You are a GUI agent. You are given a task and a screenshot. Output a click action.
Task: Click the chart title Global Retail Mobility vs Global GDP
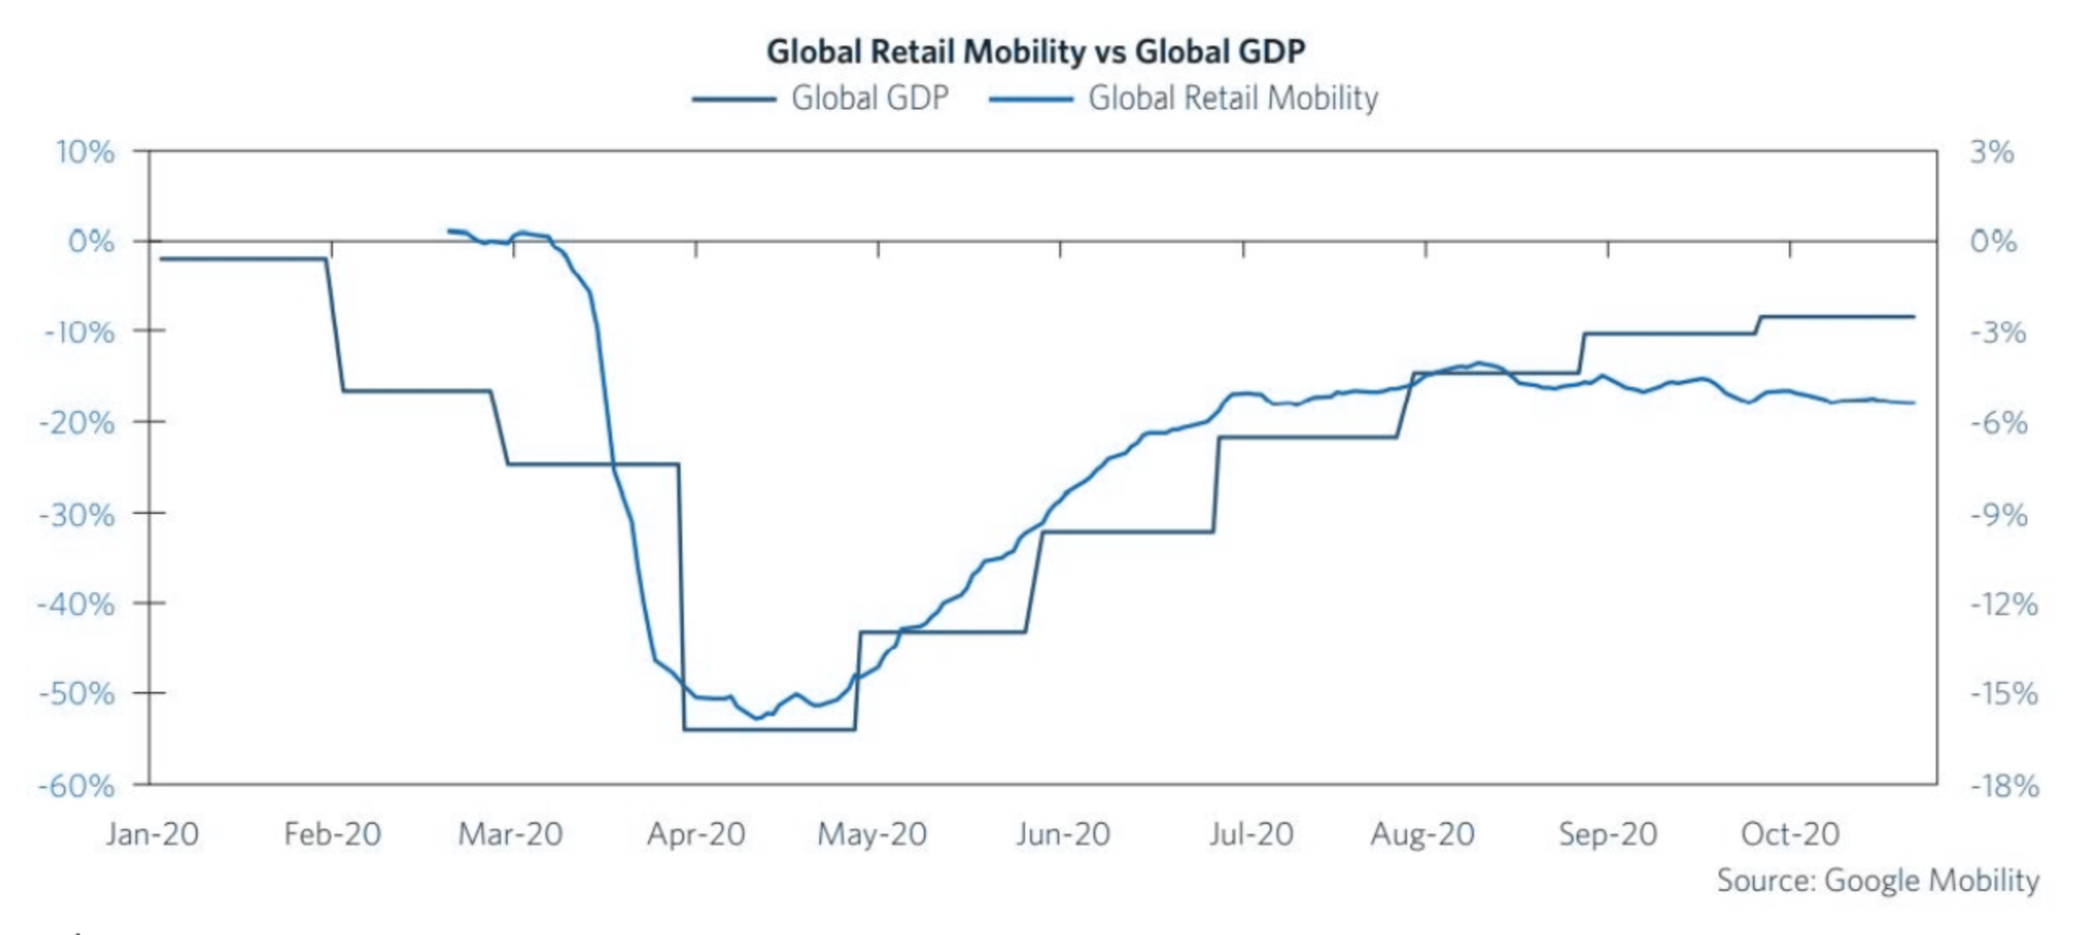pyautogui.click(x=1035, y=51)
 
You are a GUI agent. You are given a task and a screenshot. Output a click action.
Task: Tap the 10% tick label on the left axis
pyautogui.click(x=85, y=153)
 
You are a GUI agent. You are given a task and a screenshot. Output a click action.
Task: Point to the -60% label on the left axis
pyautogui.click(x=78, y=786)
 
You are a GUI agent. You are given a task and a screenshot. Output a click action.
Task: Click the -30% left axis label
pyautogui.click(x=78, y=515)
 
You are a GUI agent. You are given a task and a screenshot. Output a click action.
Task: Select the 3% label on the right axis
pyautogui.click(x=1991, y=153)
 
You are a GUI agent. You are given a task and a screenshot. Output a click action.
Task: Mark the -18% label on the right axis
pyautogui.click(x=2004, y=786)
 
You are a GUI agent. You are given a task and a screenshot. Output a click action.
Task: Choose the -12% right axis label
pyautogui.click(x=2004, y=605)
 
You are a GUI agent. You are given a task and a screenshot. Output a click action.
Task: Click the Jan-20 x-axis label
pyautogui.click(x=153, y=834)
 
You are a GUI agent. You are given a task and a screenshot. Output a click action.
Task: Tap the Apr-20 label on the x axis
pyautogui.click(x=696, y=834)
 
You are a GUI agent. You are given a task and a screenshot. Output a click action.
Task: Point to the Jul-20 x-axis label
pyautogui.click(x=1251, y=834)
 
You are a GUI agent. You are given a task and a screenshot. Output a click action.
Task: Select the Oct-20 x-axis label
pyautogui.click(x=1790, y=834)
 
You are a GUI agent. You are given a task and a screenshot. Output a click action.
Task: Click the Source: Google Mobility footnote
pyautogui.click(x=1877, y=880)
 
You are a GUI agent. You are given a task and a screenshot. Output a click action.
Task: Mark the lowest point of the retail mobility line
pyautogui.click(x=757, y=718)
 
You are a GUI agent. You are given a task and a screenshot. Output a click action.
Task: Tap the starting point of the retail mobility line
pyautogui.click(x=449, y=231)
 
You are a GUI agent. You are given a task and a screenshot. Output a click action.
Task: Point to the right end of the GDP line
pyautogui.click(x=1914, y=317)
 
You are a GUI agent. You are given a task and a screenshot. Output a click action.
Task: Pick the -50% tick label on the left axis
pyautogui.click(x=78, y=694)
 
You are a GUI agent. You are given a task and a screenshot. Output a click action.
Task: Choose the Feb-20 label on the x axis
pyautogui.click(x=332, y=834)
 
